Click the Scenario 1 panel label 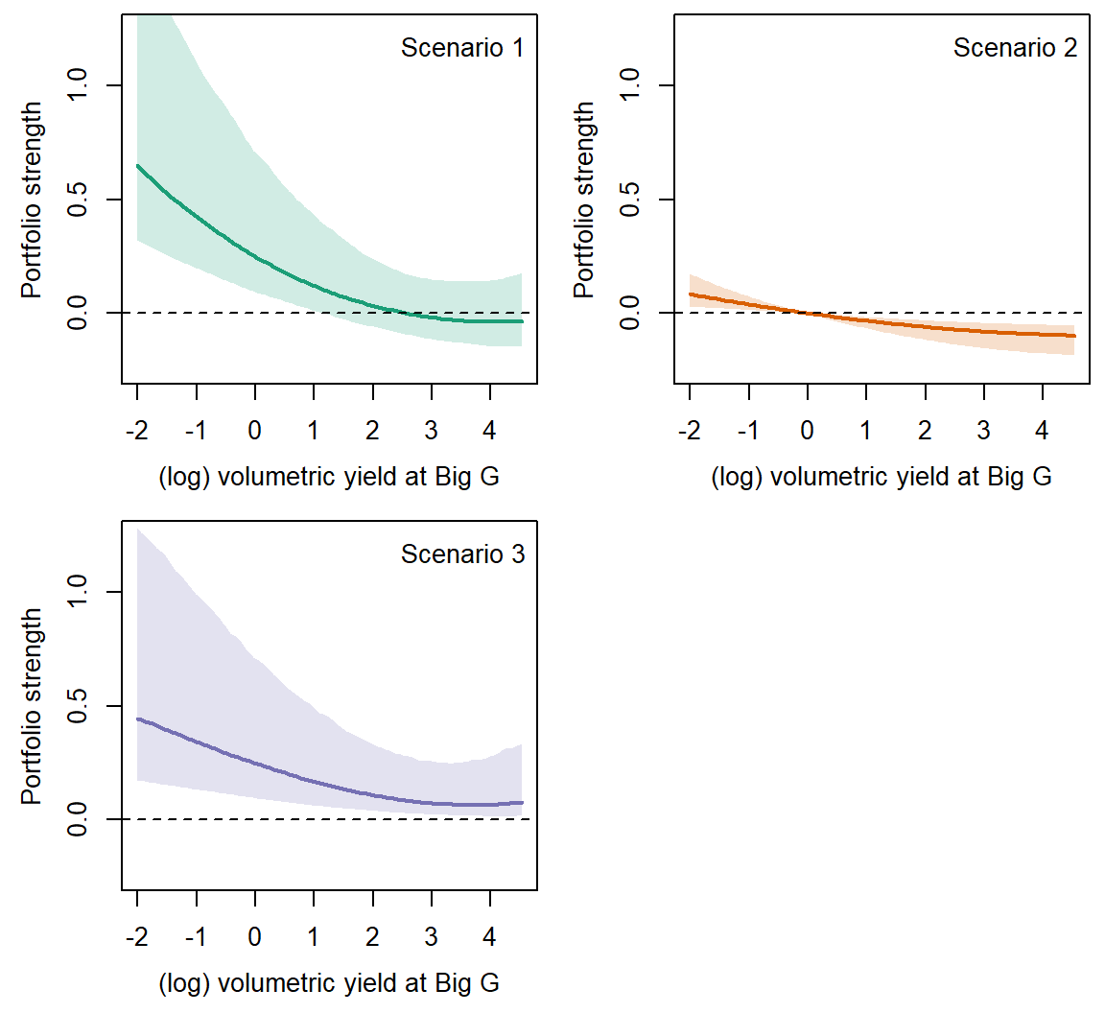click(x=462, y=48)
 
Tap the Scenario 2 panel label click(x=1015, y=48)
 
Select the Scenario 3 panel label click(x=462, y=554)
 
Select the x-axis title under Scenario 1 click(x=329, y=477)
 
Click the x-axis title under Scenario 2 click(x=882, y=477)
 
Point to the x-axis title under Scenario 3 click(x=329, y=983)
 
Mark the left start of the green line click(x=138, y=166)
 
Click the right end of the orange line click(x=1074, y=336)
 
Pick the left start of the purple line click(x=138, y=719)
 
